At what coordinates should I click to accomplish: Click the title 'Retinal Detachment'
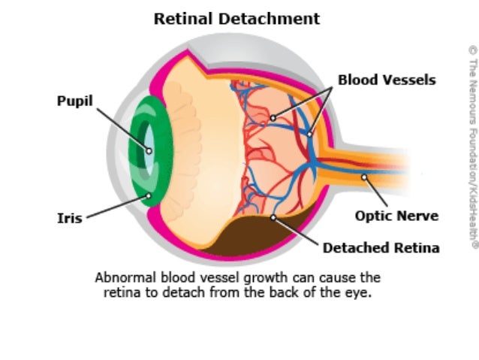point(236,19)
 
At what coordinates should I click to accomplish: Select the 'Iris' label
point(69,219)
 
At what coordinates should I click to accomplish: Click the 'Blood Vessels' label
point(386,80)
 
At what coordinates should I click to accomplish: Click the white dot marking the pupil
point(149,150)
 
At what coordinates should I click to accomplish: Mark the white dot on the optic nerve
point(363,178)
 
